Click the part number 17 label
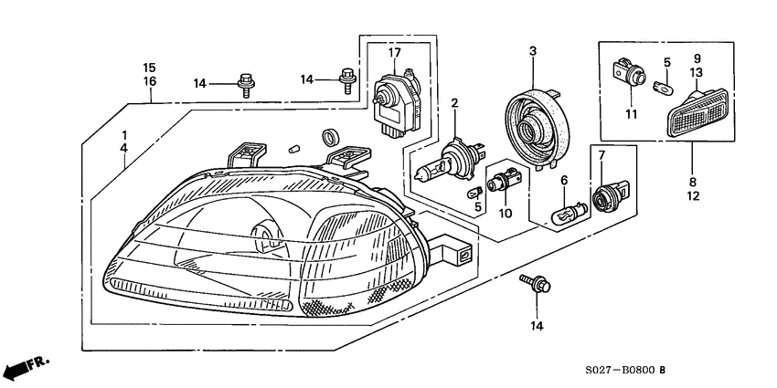pos(395,52)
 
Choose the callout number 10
pos(504,214)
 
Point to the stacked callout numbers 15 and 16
pos(149,75)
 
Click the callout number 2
pos(453,106)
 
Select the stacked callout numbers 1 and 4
pos(123,142)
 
